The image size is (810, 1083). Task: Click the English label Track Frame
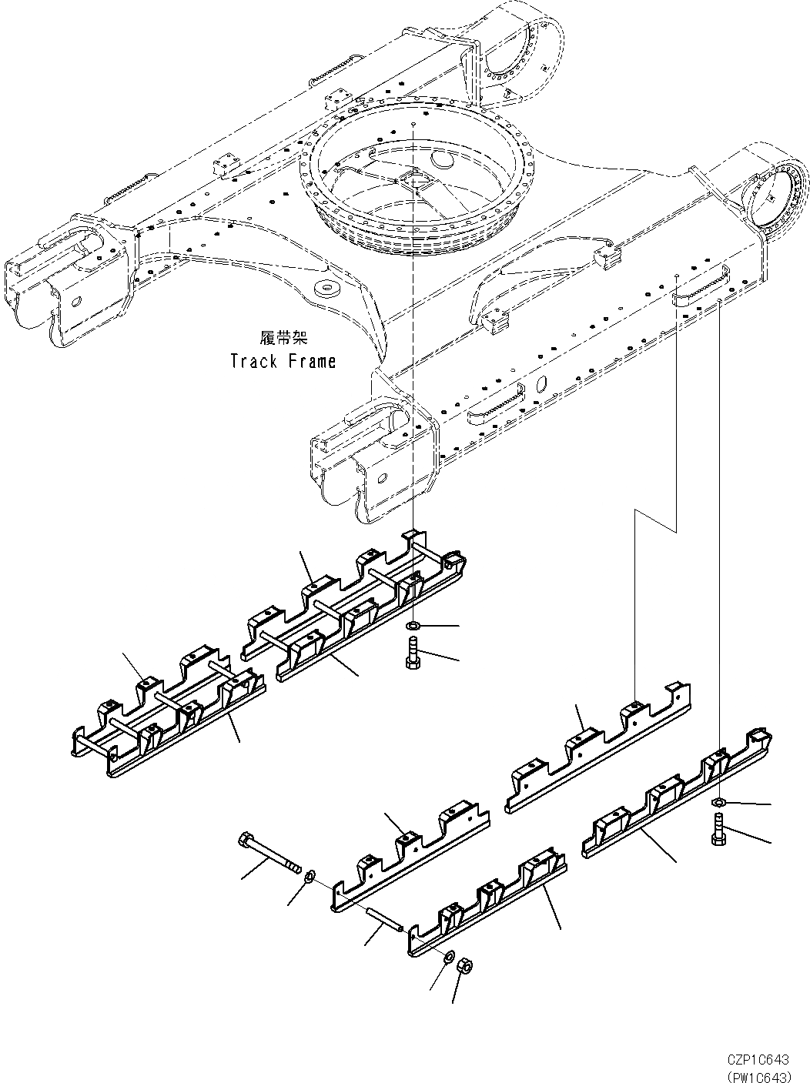tap(283, 361)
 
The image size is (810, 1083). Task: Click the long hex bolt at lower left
tap(269, 854)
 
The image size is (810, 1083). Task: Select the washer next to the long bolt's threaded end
tap(310, 875)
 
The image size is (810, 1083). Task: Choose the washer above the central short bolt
tap(413, 625)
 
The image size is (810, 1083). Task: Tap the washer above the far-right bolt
tap(718, 804)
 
